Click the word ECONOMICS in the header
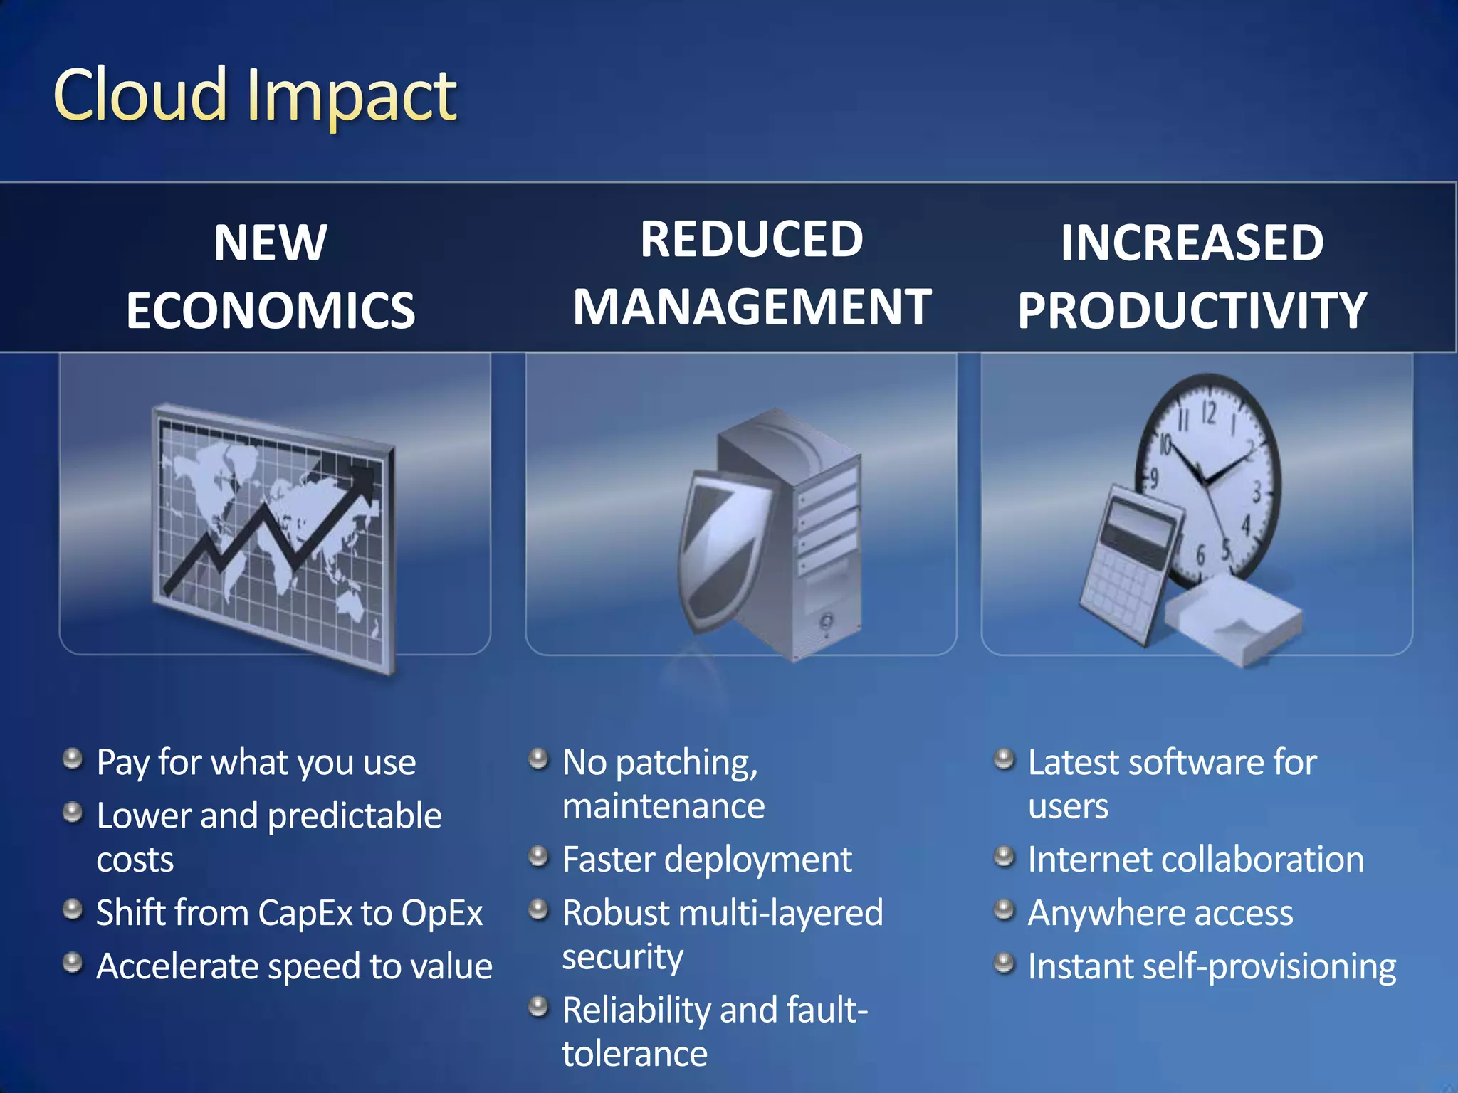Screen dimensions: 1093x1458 271,311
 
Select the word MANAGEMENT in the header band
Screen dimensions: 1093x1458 752,307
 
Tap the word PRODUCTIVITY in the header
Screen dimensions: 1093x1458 1192,311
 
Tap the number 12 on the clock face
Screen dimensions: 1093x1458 1209,413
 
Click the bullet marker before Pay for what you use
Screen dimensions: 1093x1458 73,759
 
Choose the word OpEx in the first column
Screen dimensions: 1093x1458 442,913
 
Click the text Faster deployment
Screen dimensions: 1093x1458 706,860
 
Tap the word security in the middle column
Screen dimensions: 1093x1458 622,957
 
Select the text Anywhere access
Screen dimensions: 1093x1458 1160,913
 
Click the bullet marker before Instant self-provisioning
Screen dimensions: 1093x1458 1004,963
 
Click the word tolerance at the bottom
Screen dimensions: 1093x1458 634,1054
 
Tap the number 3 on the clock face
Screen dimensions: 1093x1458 1257,491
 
